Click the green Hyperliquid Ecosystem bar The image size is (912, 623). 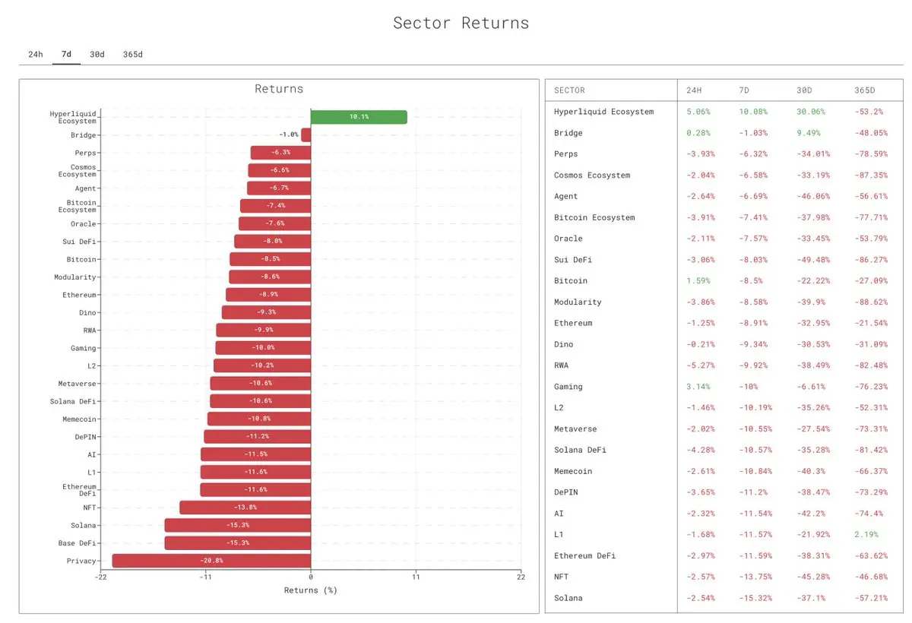359,117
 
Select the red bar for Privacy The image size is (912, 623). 211,561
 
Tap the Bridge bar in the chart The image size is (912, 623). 306,134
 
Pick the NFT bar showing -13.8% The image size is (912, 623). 245,508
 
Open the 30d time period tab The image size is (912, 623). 97,55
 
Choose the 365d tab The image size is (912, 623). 133,55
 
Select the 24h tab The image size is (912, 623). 36,55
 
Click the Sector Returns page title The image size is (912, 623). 461,23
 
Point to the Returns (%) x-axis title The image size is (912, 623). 310,590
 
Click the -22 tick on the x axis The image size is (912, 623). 100,577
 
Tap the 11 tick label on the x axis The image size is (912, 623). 416,577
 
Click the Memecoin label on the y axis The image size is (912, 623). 79,419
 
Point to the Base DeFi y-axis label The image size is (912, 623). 77,543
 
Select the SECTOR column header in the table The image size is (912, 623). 569,90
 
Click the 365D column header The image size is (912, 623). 865,90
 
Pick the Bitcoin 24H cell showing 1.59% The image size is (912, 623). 698,281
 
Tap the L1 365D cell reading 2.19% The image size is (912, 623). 866,535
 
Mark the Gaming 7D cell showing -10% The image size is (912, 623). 749,387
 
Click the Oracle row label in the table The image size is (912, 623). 568,239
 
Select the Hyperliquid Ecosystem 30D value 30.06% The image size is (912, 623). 810,112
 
